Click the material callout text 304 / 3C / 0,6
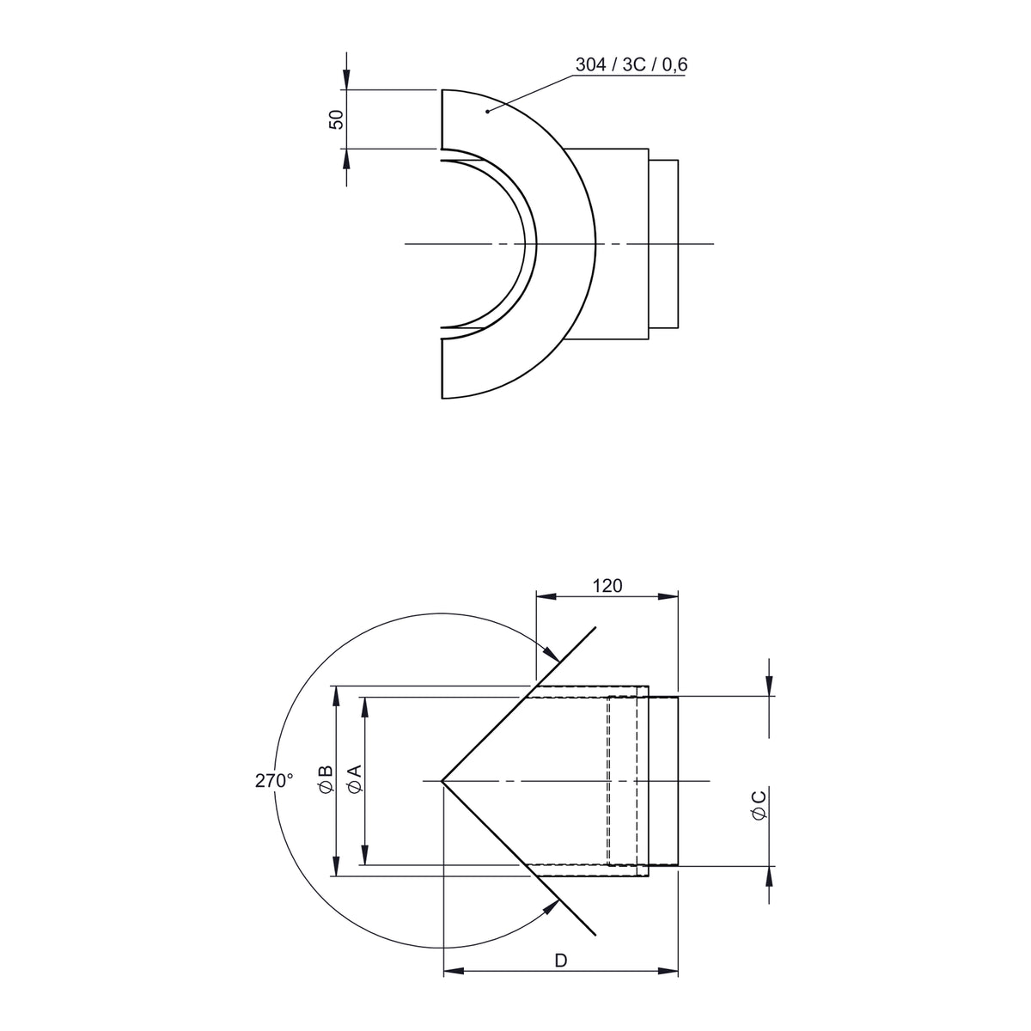pyautogui.click(x=631, y=64)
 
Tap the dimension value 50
pyautogui.click(x=336, y=119)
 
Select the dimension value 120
pyautogui.click(x=607, y=586)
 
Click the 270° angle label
pyautogui.click(x=274, y=781)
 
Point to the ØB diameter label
pyautogui.click(x=325, y=779)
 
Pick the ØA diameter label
pyautogui.click(x=354, y=779)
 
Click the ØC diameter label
pyautogui.click(x=759, y=806)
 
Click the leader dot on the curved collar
pyautogui.click(x=487, y=112)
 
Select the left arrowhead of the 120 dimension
pyautogui.click(x=546, y=596)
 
